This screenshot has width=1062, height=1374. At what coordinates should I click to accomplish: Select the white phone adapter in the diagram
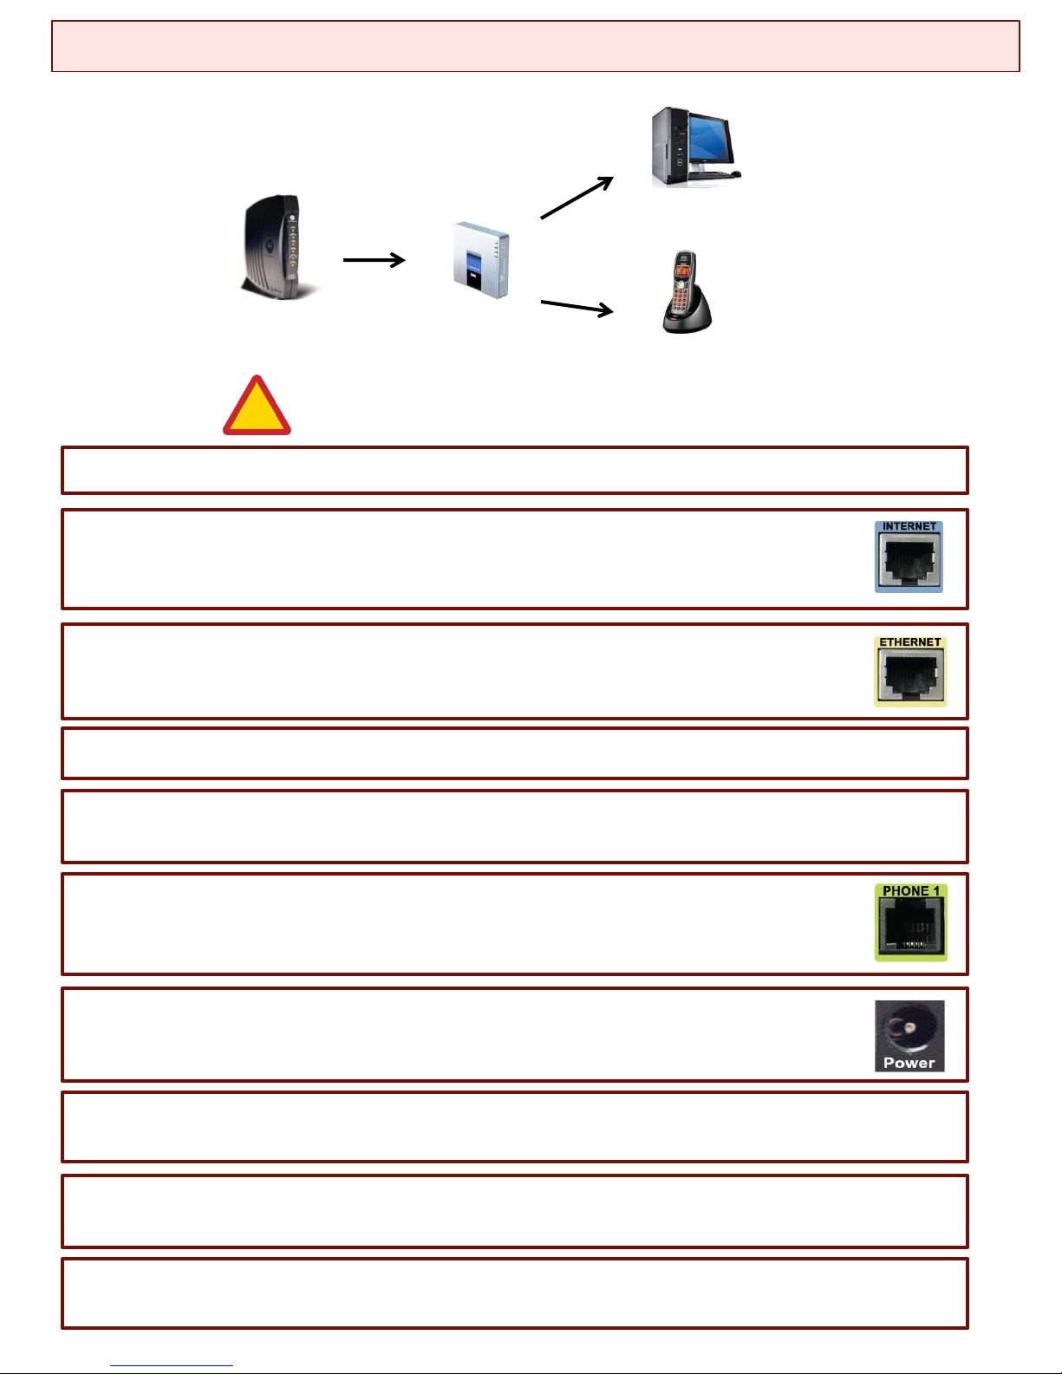tap(481, 259)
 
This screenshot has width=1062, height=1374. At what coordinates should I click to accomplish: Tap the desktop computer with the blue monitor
tap(695, 147)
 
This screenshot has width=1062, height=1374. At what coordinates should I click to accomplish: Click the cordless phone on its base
tap(687, 292)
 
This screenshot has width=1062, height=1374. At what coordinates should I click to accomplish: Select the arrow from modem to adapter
tap(374, 260)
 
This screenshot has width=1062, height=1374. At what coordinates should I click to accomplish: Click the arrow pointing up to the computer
tap(577, 198)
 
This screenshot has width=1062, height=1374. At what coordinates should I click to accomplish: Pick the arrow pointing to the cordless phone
tap(577, 307)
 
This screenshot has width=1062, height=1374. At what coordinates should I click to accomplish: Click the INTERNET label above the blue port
tap(909, 526)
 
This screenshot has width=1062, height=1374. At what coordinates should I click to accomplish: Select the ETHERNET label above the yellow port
tap(909, 641)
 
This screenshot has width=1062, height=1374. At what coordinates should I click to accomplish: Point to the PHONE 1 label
tap(911, 890)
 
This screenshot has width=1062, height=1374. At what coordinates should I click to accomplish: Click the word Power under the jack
tap(909, 1063)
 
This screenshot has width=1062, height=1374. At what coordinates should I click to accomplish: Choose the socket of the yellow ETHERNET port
tap(910, 675)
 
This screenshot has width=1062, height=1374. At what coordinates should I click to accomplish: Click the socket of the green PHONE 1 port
tap(911, 924)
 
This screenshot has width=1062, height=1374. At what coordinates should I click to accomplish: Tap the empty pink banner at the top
tap(536, 46)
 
